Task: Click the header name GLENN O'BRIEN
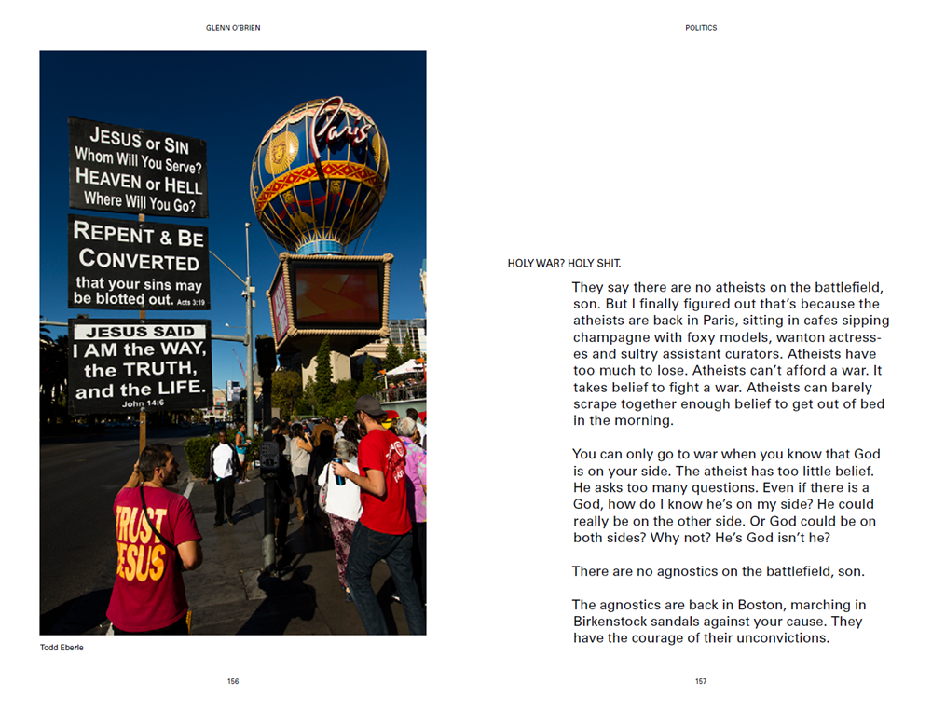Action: [233, 28]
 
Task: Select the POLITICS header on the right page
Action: [701, 28]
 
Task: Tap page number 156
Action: [233, 681]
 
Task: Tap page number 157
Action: [701, 681]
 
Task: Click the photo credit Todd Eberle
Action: [62, 648]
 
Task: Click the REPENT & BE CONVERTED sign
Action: [139, 263]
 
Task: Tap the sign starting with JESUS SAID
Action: [140, 366]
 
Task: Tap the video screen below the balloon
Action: [338, 294]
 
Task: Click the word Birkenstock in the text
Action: [617, 622]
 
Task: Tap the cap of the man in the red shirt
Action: [369, 404]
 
